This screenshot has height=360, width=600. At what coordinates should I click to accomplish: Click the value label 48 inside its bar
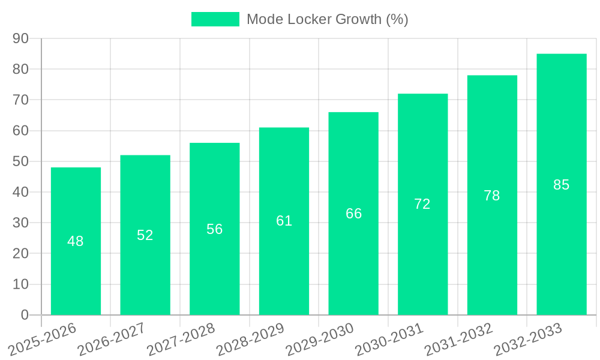point(76,241)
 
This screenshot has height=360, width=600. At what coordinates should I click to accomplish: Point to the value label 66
point(353,214)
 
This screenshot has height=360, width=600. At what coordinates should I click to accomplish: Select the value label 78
point(492,196)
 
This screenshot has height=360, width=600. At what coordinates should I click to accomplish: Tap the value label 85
point(561,185)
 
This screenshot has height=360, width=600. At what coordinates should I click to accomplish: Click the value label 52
point(145,235)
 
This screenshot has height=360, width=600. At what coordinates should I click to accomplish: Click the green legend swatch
point(215,19)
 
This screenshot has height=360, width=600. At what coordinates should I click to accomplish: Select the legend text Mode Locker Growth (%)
point(327,19)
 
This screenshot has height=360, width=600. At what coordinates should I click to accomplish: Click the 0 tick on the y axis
point(25,315)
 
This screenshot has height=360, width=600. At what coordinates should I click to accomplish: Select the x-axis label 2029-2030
point(319,338)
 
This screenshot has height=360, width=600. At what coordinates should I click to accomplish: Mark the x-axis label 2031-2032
point(458,338)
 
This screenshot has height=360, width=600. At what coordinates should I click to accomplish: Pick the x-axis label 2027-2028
point(180,338)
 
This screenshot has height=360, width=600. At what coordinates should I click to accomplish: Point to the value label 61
point(284,221)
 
